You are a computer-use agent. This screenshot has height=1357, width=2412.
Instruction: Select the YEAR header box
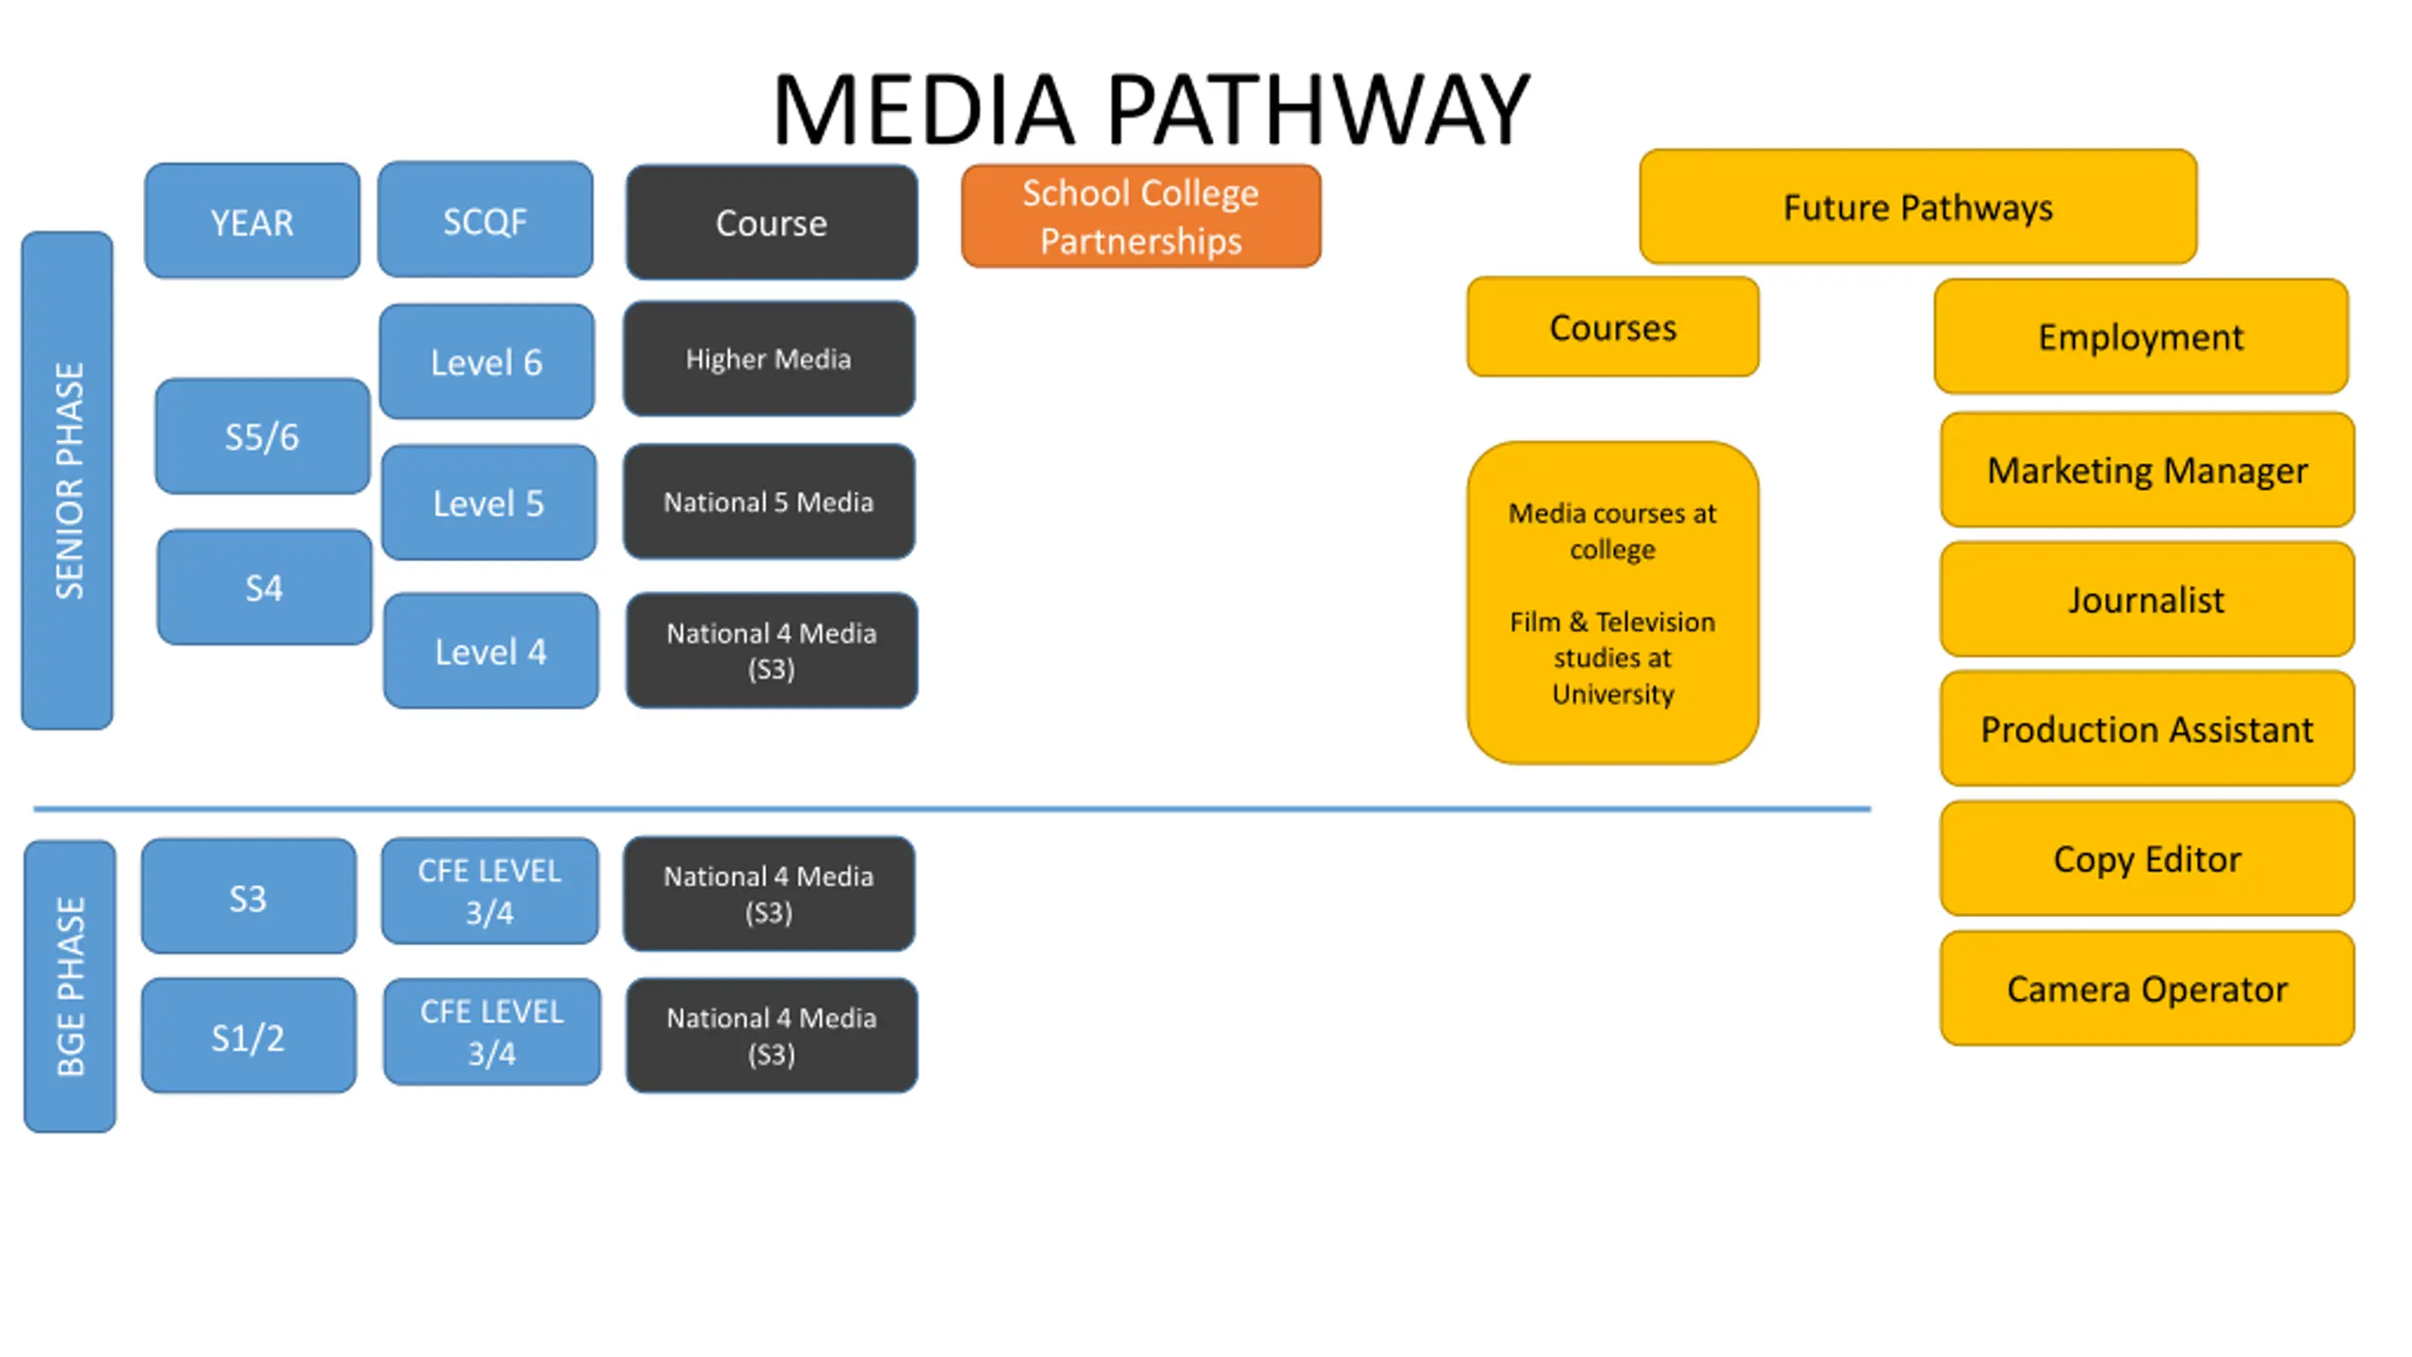tap(252, 221)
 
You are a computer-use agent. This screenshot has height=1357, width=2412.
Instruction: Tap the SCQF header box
tap(485, 220)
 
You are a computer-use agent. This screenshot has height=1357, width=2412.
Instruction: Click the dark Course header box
tap(772, 222)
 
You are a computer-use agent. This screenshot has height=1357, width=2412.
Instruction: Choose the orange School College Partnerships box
tap(1141, 216)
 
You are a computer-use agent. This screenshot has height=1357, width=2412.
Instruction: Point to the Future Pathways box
tap(1918, 206)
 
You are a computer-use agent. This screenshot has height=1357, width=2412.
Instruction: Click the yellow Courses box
tap(1613, 327)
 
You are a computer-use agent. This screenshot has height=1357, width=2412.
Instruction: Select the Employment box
tap(2141, 336)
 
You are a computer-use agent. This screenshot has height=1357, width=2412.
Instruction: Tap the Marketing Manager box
tap(2147, 469)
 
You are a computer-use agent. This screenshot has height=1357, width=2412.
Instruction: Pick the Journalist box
tap(2147, 599)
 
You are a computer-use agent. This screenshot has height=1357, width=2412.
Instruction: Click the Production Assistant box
tap(2147, 728)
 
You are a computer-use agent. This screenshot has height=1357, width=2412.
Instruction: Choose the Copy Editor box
tap(2147, 858)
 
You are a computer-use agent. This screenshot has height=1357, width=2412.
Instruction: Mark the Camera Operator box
tap(2147, 989)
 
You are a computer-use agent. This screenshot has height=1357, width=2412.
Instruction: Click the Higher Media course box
tap(769, 359)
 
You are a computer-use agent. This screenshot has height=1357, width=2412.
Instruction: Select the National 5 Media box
tap(769, 502)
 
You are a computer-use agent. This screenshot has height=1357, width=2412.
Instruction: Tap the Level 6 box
tap(487, 361)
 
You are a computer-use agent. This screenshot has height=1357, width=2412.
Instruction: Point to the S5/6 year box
tap(262, 436)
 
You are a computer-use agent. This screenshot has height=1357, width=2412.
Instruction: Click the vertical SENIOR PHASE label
tap(68, 481)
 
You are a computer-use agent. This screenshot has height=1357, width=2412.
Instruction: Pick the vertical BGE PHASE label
tap(70, 987)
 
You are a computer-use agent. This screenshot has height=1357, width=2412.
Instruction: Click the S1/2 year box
tap(249, 1036)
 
